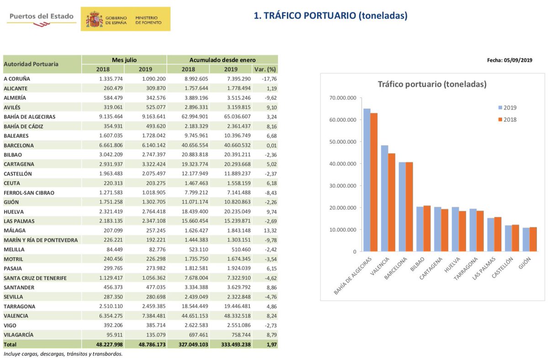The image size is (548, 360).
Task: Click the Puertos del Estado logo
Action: coord(41,18)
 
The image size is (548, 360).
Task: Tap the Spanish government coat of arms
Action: coord(94,19)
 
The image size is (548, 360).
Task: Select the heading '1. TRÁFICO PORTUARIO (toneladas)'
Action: coord(330,16)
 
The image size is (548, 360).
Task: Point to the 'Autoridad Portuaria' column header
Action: coord(31,64)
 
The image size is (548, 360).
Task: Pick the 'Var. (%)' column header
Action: coord(264,69)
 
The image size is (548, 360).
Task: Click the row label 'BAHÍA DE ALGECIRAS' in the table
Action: coord(30,117)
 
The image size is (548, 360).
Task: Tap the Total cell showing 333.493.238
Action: coord(230,344)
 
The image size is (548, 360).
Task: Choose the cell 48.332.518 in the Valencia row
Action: coord(230,316)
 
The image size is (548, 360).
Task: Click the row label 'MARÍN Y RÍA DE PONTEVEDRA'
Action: coord(41,240)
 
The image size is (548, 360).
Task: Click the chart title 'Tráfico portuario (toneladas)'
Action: coord(432,84)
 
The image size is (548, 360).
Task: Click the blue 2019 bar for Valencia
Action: coord(385,198)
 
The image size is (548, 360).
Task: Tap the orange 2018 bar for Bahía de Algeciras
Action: coord(374,183)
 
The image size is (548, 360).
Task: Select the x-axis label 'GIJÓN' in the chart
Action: coord(523,264)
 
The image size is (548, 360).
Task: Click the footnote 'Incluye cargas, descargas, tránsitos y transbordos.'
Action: coord(63,354)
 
